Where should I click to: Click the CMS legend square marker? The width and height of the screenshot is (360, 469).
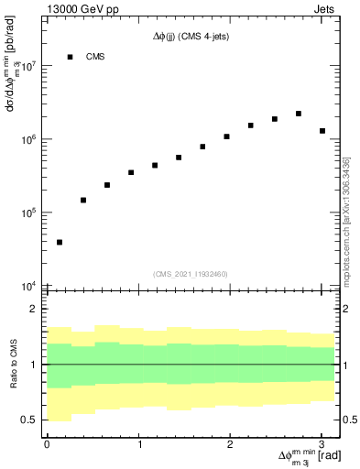point(70,57)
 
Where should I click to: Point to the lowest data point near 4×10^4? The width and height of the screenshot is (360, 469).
point(60,242)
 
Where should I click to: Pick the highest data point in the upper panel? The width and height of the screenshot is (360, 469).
point(299,114)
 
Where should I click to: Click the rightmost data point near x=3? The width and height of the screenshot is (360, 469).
point(322,131)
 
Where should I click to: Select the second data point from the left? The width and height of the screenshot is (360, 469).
point(83,200)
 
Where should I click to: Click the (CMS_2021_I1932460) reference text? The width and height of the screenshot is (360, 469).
point(191,273)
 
